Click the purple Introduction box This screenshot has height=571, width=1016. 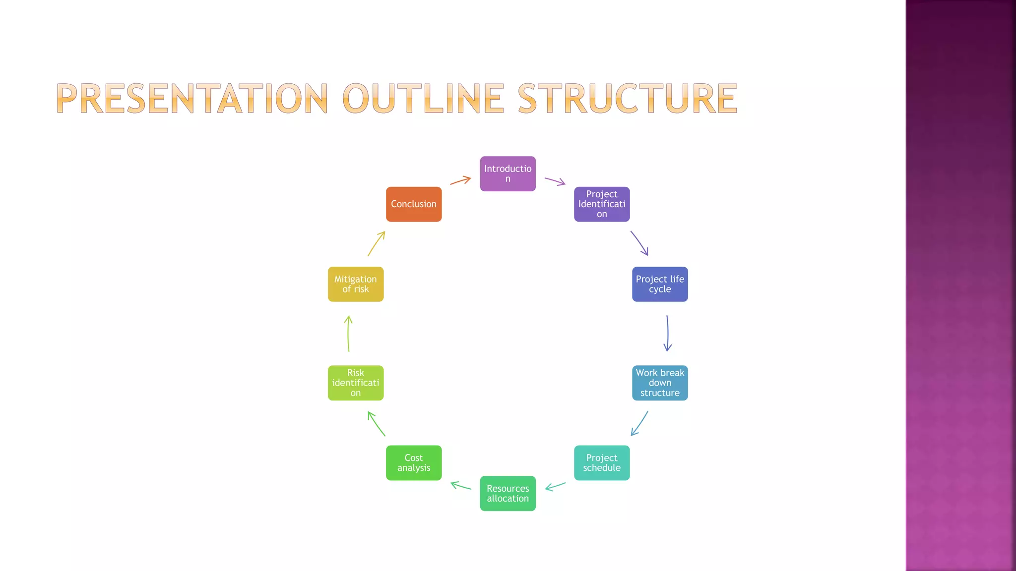coord(508,173)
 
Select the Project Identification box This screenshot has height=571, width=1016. coord(601,204)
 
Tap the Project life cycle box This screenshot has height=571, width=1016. coord(660,284)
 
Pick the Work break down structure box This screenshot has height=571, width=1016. coord(660,383)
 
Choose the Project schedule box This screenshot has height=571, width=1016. coord(601,463)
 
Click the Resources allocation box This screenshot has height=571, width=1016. coord(508,493)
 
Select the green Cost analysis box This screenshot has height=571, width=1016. coord(414,463)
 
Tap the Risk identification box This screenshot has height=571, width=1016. coord(356,383)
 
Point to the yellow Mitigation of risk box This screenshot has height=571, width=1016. coord(356,284)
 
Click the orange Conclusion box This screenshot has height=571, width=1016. coord(414,204)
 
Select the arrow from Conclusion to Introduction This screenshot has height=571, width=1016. coord(460,180)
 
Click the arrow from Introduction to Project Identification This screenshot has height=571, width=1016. coord(555,181)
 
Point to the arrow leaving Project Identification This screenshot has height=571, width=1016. coord(639,243)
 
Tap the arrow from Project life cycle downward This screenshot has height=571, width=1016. coord(667,333)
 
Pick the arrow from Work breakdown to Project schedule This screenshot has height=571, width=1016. coord(639,424)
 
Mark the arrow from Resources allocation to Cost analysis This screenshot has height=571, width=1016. coord(460,486)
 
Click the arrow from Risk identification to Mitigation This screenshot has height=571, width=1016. coord(348,334)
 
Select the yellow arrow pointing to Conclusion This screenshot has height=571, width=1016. coord(376,243)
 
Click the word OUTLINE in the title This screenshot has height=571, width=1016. coord(423,98)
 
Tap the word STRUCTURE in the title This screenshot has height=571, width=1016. coord(628,98)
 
